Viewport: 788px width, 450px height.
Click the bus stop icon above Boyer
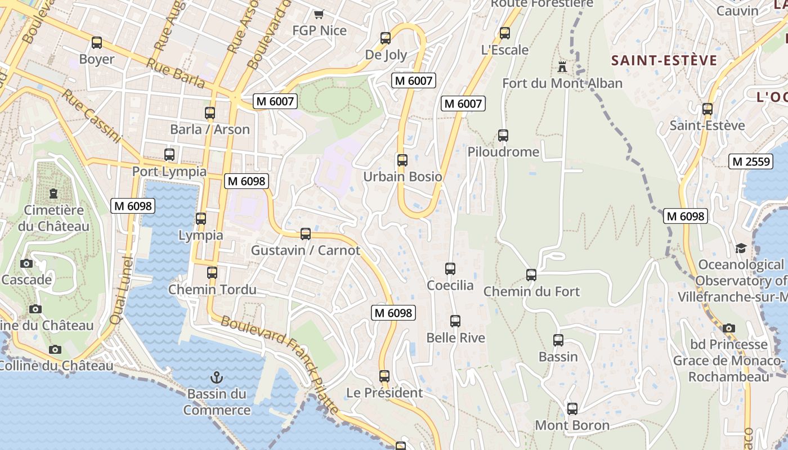[x=97, y=43]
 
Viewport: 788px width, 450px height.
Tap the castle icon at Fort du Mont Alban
[x=562, y=66]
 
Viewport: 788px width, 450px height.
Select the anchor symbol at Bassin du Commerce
[x=217, y=377]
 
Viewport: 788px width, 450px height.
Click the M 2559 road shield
[x=751, y=161]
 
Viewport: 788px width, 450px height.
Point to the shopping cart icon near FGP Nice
[x=319, y=14]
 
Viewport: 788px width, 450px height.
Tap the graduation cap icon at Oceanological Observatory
[x=741, y=248]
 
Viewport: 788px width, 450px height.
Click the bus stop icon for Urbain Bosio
[x=402, y=160]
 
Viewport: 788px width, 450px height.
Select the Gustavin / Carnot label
[x=305, y=250]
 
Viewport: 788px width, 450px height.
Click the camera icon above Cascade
[x=26, y=263]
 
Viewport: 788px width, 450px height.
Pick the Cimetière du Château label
[x=53, y=218]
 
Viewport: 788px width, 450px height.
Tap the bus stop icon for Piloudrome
[x=503, y=136]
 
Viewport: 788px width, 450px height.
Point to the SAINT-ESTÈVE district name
[x=664, y=61]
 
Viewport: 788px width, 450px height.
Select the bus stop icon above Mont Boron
[x=572, y=409]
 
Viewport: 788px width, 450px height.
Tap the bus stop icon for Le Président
[x=384, y=376]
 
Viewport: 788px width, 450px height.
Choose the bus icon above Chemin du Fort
[x=531, y=275]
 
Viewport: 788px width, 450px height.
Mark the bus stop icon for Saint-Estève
[x=708, y=109]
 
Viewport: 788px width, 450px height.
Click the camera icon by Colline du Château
[x=55, y=349]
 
